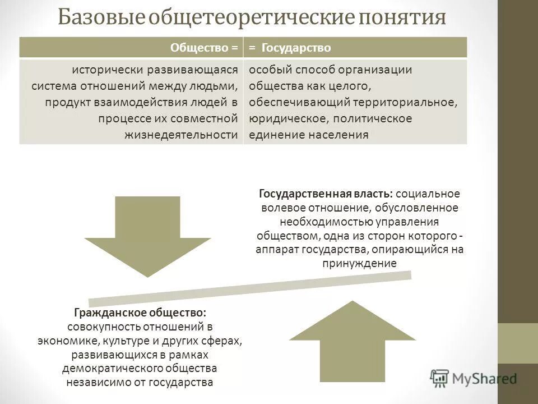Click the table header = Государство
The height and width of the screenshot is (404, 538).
(x=290, y=48)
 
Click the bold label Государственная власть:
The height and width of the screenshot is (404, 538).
(x=326, y=194)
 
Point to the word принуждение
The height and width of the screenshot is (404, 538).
(x=359, y=263)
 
